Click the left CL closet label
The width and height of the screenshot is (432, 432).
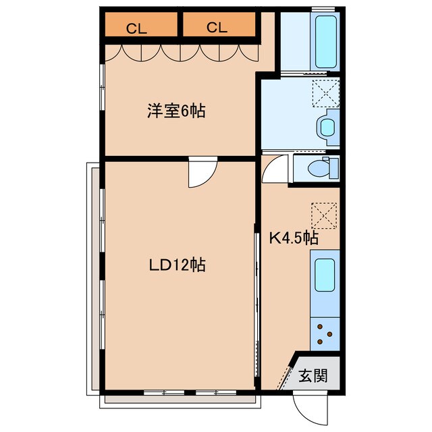coord(137,28)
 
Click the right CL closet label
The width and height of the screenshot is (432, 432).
coord(217,28)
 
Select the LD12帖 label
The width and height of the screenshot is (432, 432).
coord(177,265)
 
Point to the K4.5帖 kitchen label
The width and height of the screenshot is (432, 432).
coord(294,238)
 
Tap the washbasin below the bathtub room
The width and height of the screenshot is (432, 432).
coord(327,126)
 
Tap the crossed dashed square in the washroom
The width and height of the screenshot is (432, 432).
coord(325,92)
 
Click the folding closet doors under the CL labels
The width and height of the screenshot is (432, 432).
coord(180,53)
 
